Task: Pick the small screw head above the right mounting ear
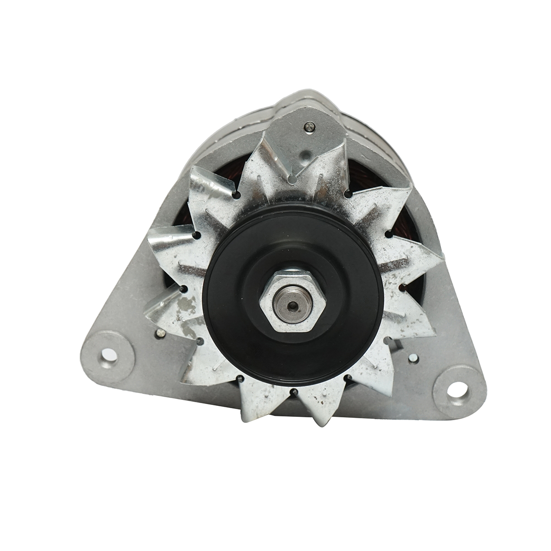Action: (x=415, y=359)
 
